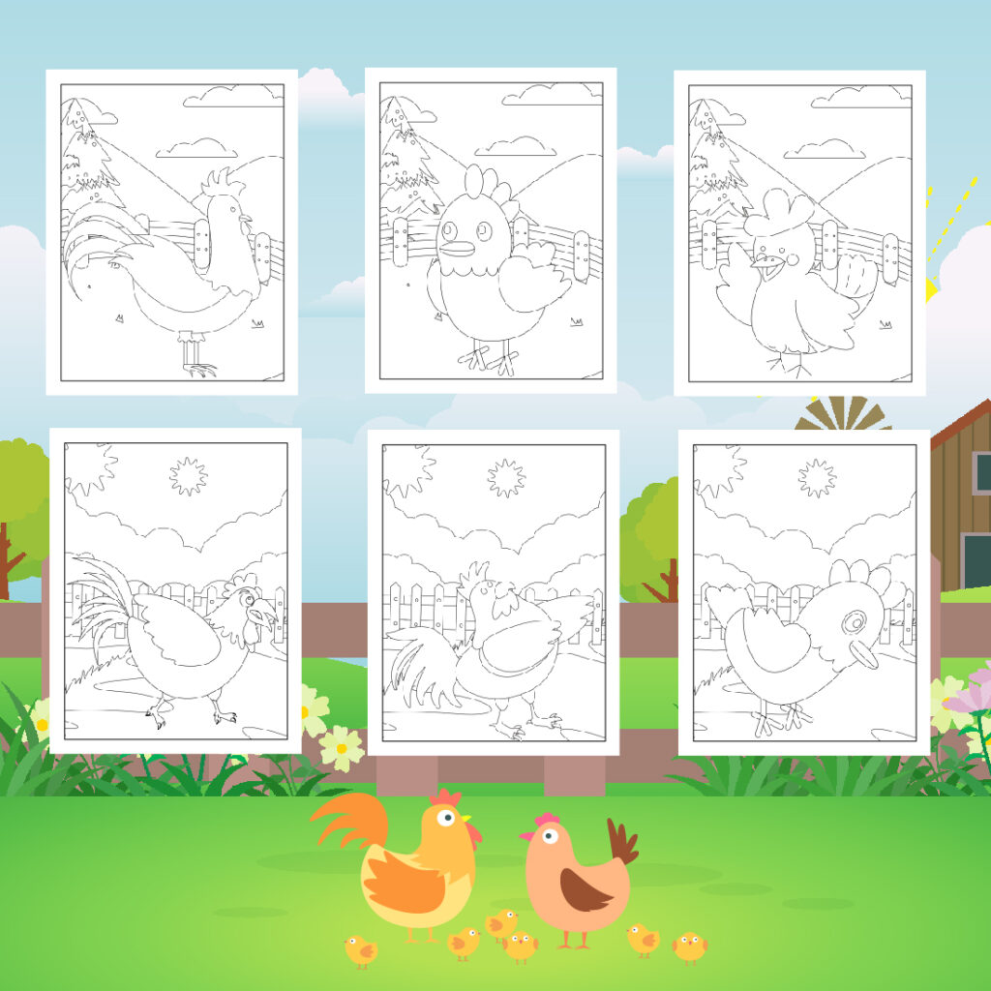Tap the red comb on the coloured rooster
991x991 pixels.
click(x=447, y=798)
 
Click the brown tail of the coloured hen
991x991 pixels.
click(x=621, y=841)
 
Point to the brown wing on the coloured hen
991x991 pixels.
click(x=586, y=889)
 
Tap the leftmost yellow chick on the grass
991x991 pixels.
click(x=360, y=950)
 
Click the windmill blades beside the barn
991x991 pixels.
click(x=842, y=414)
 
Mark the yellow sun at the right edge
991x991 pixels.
click(x=931, y=287)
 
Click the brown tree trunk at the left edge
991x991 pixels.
click(x=8, y=561)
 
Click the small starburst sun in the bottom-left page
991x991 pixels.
click(x=188, y=476)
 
